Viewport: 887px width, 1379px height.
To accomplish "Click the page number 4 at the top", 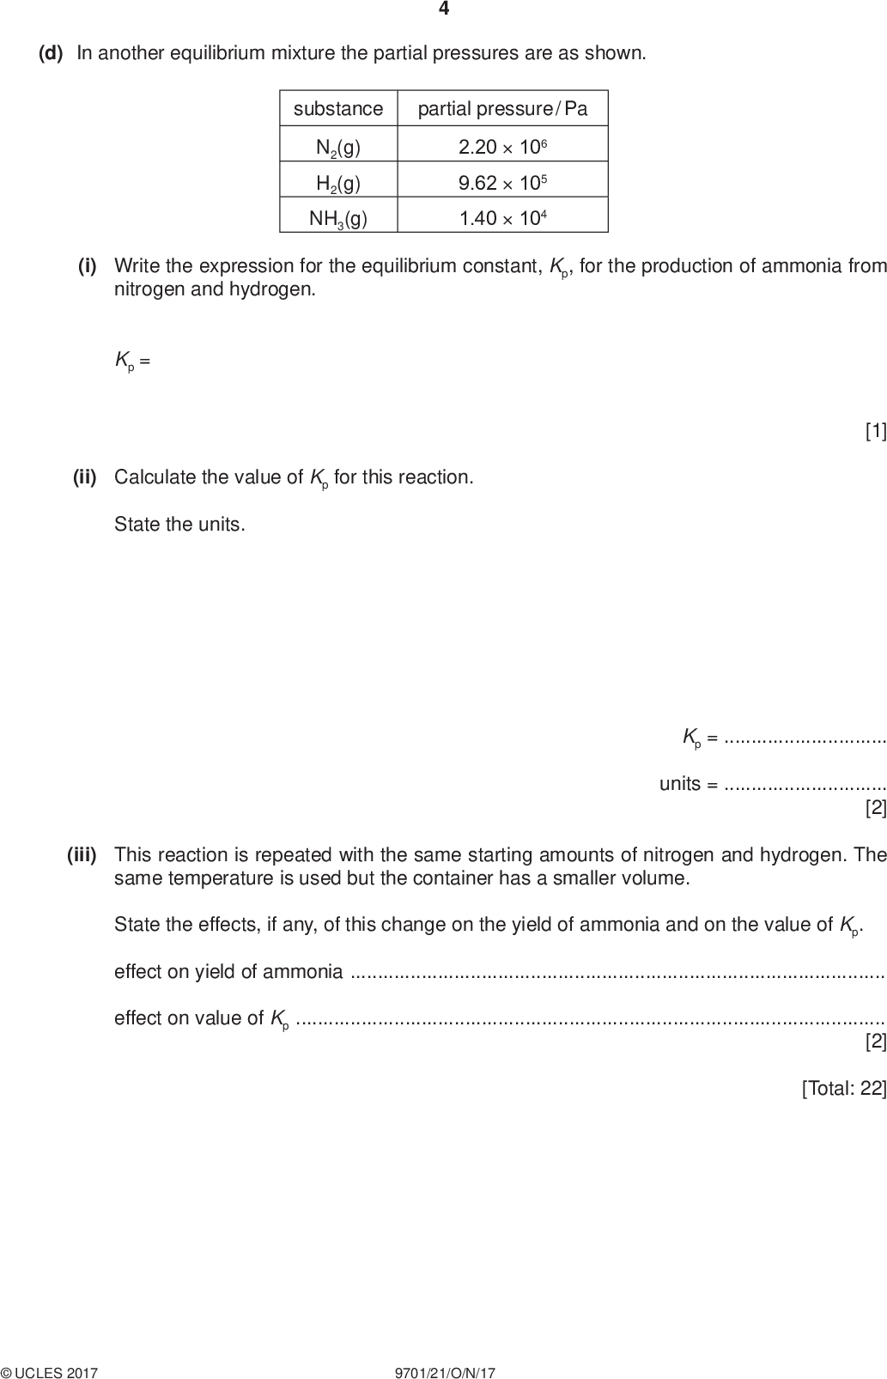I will (x=444, y=9).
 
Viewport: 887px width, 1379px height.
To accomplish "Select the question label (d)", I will (x=52, y=53).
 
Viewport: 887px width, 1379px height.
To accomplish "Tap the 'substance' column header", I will (x=338, y=109).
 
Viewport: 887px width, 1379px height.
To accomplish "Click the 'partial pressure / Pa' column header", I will (x=502, y=109).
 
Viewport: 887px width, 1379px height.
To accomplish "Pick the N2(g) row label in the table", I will (x=338, y=148).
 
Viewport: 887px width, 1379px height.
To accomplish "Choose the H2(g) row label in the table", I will (x=338, y=183).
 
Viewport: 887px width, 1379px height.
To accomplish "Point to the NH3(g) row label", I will (x=338, y=218).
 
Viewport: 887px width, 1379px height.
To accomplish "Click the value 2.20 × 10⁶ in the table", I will (x=502, y=147).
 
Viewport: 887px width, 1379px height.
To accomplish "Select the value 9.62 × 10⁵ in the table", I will (x=502, y=182).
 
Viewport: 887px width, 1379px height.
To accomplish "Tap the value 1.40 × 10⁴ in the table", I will (x=502, y=217).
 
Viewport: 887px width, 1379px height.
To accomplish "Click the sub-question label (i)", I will (x=88, y=265).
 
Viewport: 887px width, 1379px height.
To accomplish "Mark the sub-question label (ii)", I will (x=85, y=477).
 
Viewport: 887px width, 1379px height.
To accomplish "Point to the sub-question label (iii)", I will (x=82, y=854).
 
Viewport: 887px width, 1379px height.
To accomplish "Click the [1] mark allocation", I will (x=875, y=431).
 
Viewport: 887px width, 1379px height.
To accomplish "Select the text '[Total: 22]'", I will (x=843, y=1088).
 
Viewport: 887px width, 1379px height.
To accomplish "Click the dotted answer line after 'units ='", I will (x=805, y=784).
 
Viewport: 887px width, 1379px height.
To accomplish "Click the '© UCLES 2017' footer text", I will (x=50, y=1373).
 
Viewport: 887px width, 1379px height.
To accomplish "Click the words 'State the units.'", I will (x=179, y=525).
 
